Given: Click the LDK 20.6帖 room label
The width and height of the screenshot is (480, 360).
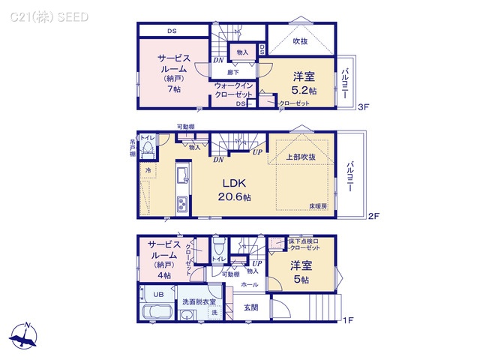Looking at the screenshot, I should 235,190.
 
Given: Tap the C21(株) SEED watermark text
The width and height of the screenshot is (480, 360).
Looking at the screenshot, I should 49,16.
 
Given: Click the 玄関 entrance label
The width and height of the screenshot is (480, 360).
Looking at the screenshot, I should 251,307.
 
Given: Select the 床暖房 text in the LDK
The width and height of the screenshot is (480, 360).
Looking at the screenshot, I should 318,205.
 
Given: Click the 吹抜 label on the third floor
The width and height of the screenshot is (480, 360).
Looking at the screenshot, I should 300,41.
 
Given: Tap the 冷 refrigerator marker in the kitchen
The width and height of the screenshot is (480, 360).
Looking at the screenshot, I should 148,170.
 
